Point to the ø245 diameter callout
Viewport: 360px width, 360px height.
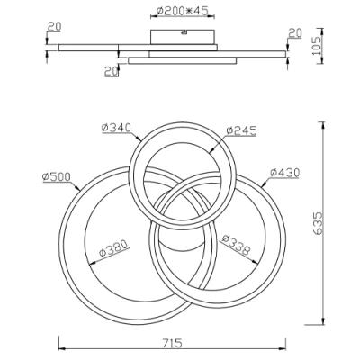coord(240,130)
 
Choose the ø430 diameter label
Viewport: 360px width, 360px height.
coord(283,171)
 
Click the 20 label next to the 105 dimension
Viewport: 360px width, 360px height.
coord(294,33)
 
